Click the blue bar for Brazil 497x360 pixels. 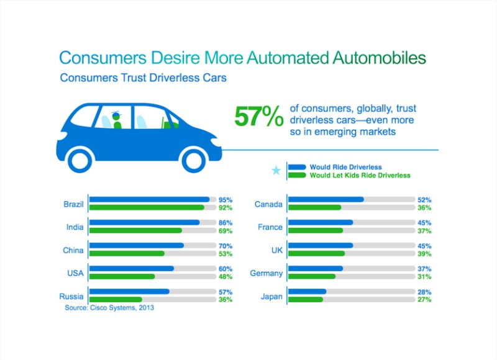point(149,200)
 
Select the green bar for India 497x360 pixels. point(135,230)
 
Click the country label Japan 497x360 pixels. point(270,296)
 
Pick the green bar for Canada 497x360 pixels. point(314,207)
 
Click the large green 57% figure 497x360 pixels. point(258,117)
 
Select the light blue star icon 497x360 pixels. point(276,171)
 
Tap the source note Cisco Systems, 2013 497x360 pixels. point(109,307)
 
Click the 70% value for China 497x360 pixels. point(225,246)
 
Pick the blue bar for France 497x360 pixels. point(320,223)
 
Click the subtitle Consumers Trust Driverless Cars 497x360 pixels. point(143,79)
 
